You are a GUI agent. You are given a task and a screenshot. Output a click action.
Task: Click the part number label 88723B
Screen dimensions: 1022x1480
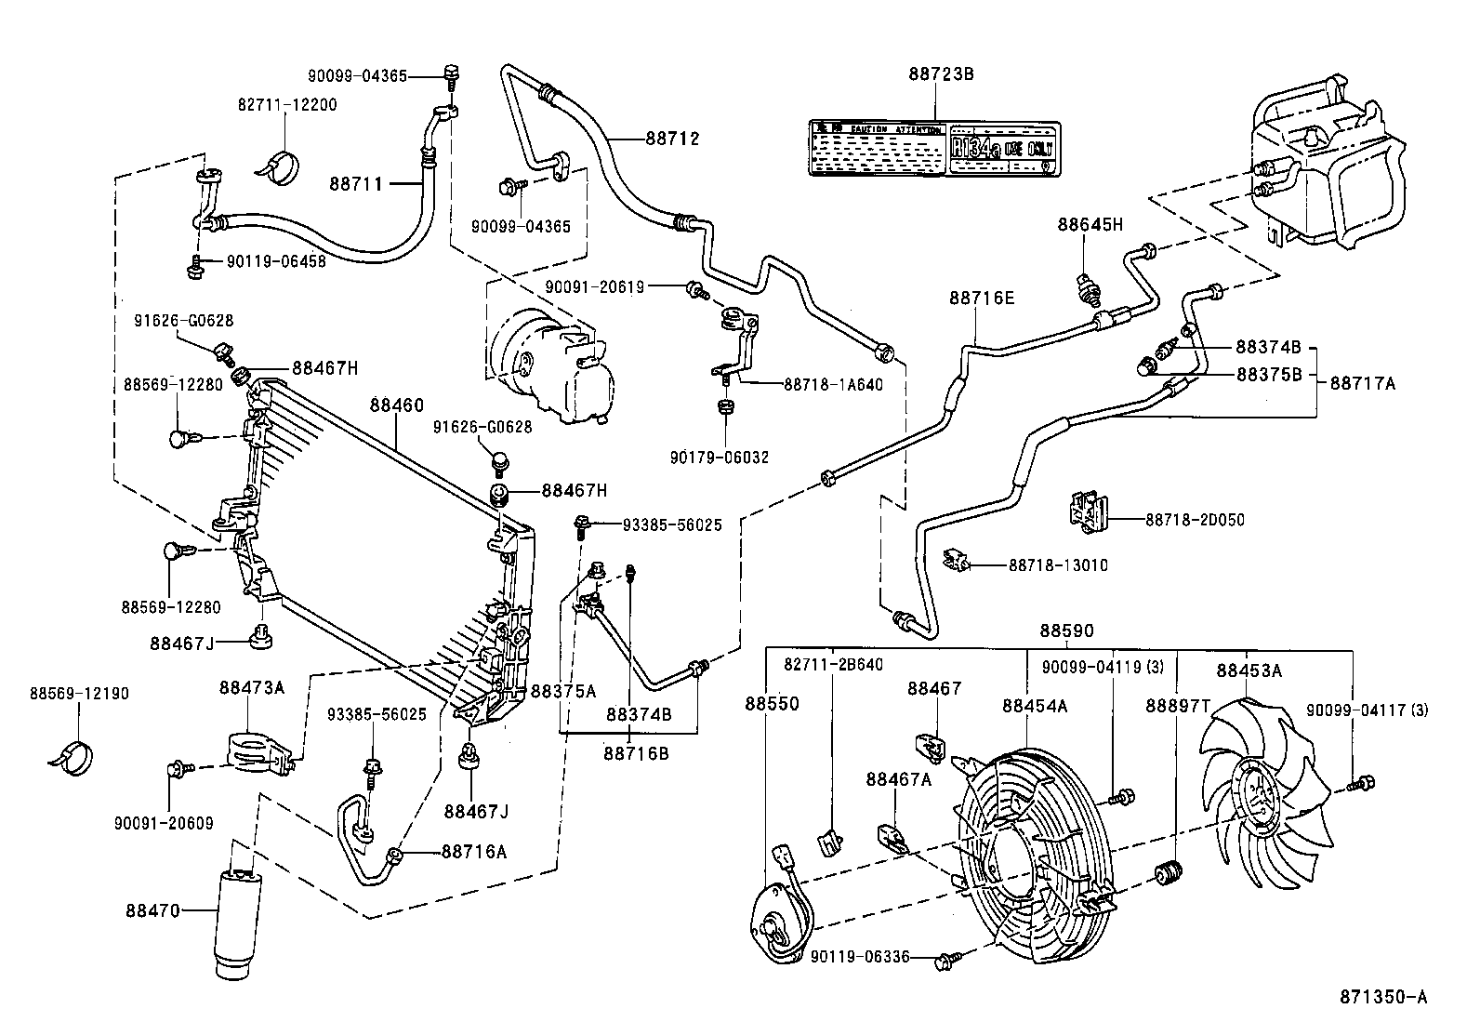[941, 73]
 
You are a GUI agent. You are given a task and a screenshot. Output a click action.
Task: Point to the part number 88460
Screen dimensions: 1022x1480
[396, 405]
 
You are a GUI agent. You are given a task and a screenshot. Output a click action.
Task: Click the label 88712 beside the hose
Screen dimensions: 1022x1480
[672, 139]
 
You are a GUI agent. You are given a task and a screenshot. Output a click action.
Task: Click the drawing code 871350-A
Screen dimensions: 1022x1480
[1382, 997]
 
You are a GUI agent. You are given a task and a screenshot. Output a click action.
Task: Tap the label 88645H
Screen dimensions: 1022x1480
[1090, 224]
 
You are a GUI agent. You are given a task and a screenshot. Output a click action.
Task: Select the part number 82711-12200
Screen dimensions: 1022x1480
[287, 105]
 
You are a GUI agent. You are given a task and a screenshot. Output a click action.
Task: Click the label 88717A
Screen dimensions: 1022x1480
[1363, 382]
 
